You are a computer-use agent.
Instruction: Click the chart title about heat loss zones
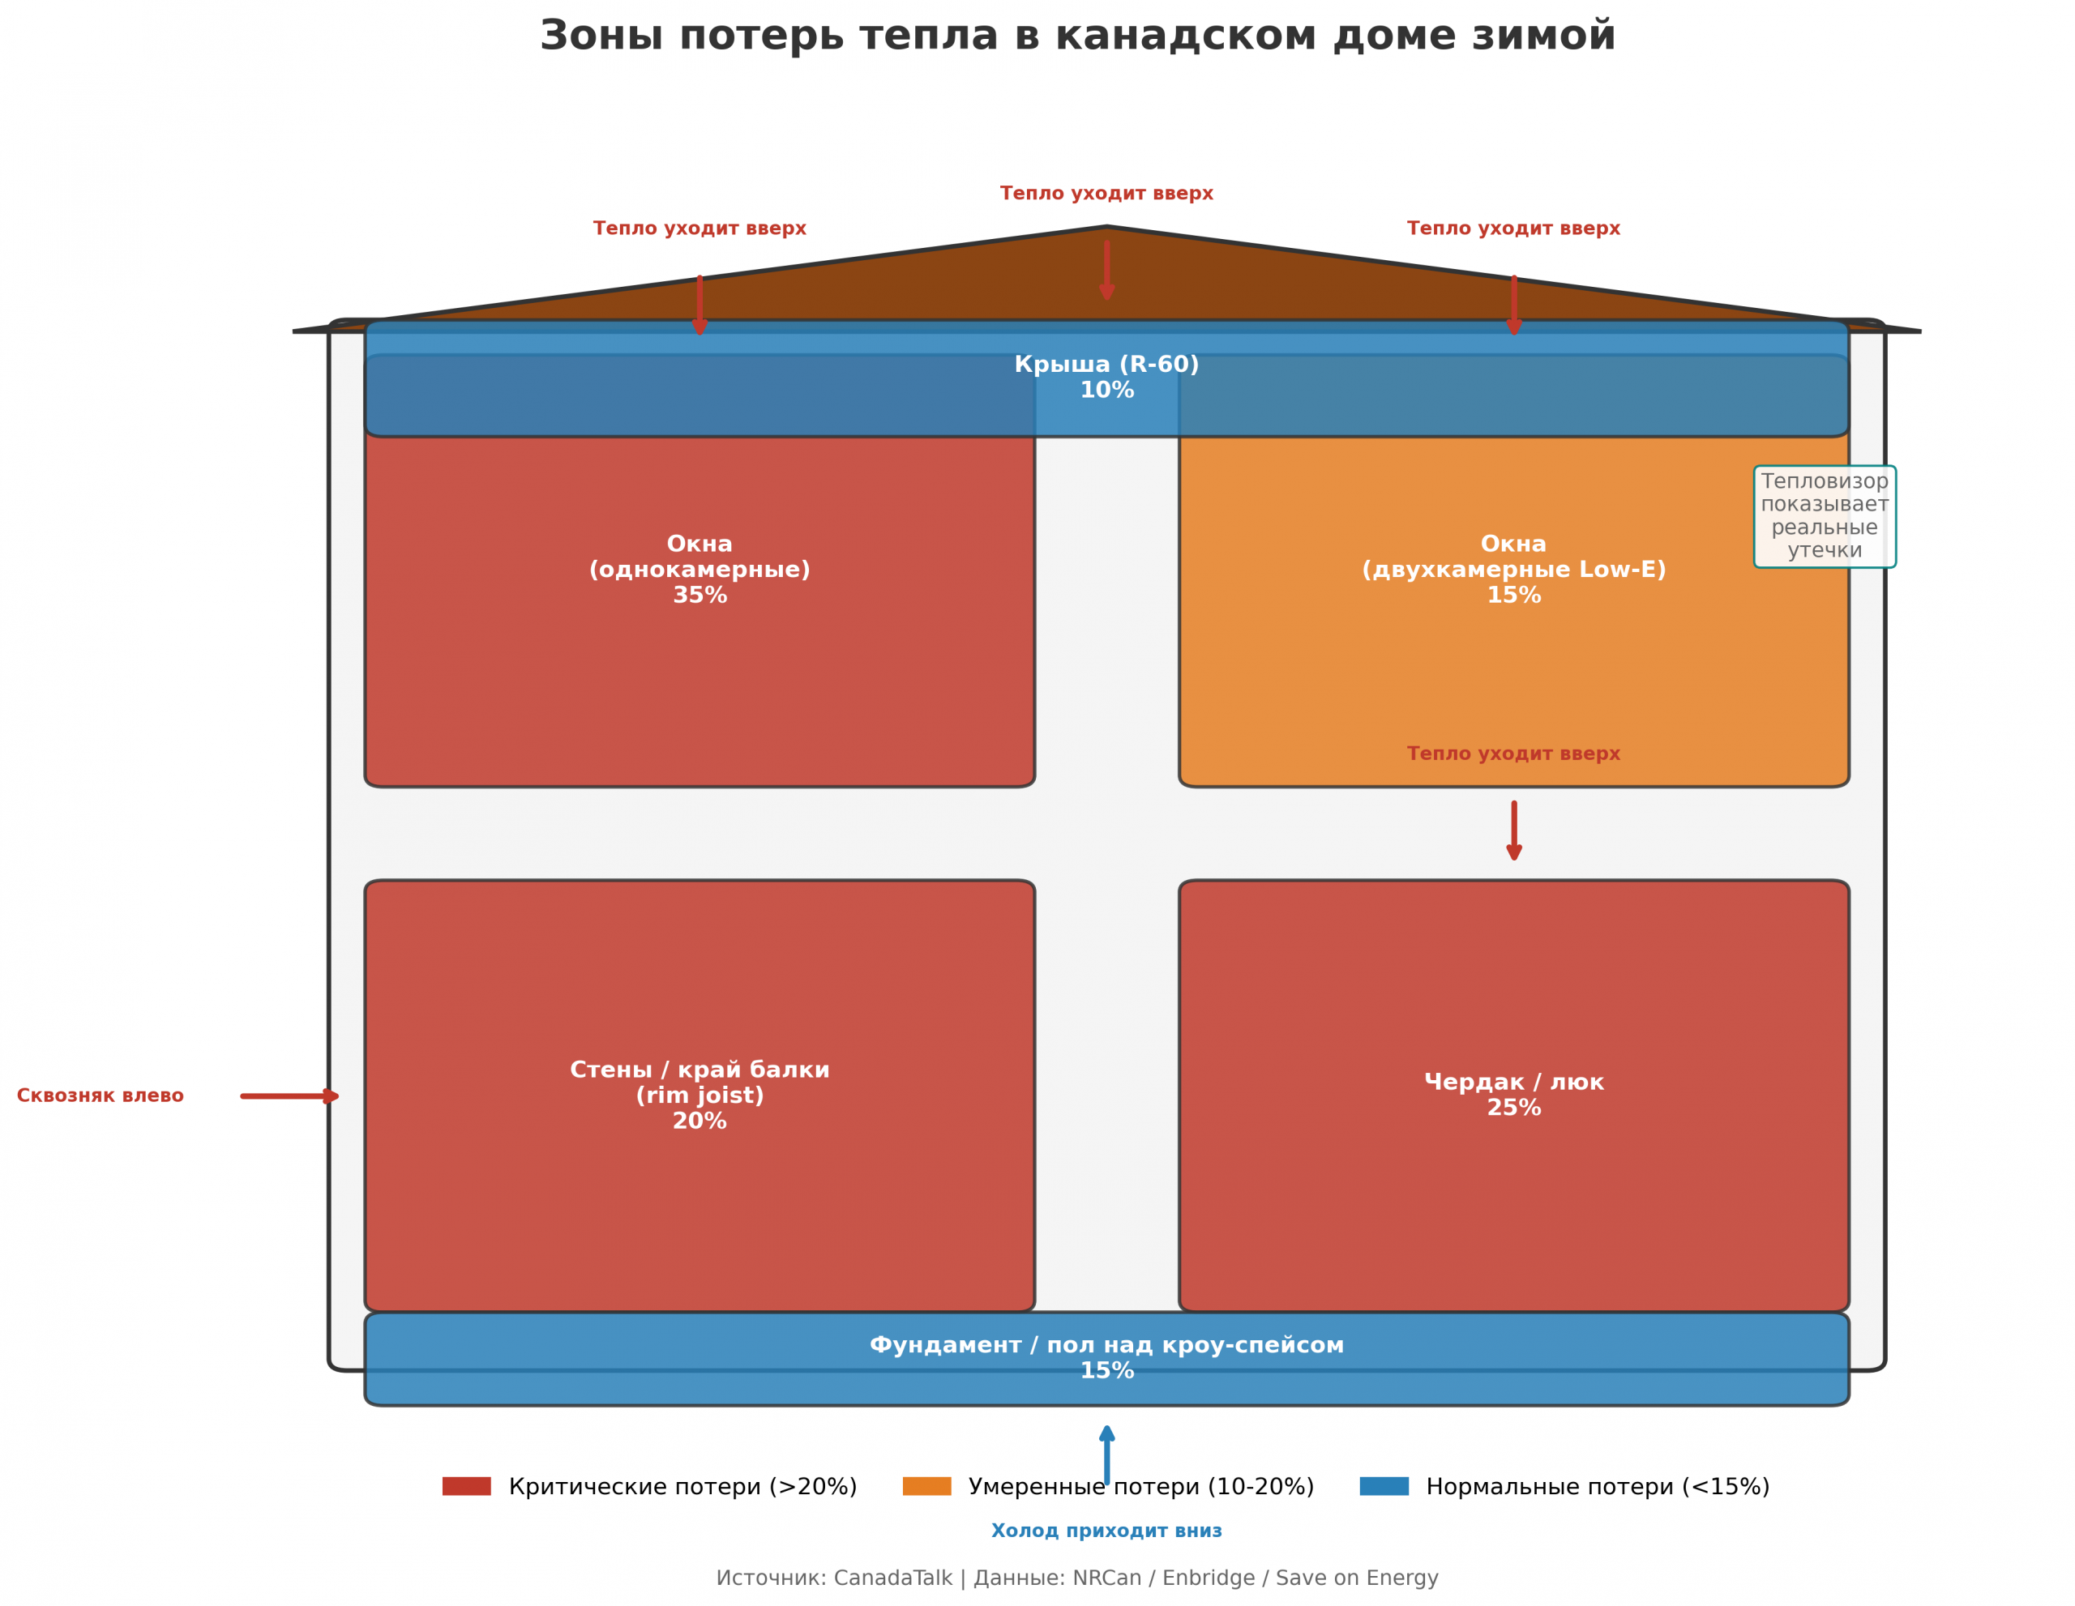pyautogui.click(x=1077, y=36)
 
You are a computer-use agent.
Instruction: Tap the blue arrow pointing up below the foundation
pyautogui.click(x=1107, y=1454)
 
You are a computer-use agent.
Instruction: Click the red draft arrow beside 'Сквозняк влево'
pyautogui.click(x=290, y=1096)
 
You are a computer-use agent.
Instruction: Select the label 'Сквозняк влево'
pyautogui.click(x=101, y=1096)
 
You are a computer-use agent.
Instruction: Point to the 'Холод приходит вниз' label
pyautogui.click(x=1107, y=1531)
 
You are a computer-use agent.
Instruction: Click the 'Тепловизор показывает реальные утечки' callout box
pyautogui.click(x=1825, y=517)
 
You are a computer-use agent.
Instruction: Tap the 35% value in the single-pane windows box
pyautogui.click(x=700, y=596)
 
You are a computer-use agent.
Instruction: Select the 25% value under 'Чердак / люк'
pyautogui.click(x=1513, y=1108)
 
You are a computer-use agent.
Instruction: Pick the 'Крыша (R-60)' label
pyautogui.click(x=1107, y=365)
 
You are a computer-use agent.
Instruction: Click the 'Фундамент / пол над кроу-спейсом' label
pyautogui.click(x=1107, y=1345)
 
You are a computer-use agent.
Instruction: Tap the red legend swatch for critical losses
pyautogui.click(x=467, y=1486)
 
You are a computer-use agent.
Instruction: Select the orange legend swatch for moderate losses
pyautogui.click(x=926, y=1486)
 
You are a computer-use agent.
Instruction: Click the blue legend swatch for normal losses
pyautogui.click(x=1384, y=1486)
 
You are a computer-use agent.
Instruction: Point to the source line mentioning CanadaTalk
pyautogui.click(x=1077, y=1578)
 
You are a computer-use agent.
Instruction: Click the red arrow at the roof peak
pyautogui.click(x=1107, y=271)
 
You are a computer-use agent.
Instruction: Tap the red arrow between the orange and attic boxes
pyautogui.click(x=1513, y=831)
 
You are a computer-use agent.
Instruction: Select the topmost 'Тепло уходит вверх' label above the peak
pyautogui.click(x=1107, y=194)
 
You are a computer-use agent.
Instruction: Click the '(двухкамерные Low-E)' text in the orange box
pyautogui.click(x=1513, y=570)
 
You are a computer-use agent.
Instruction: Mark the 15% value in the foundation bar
pyautogui.click(x=1107, y=1370)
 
